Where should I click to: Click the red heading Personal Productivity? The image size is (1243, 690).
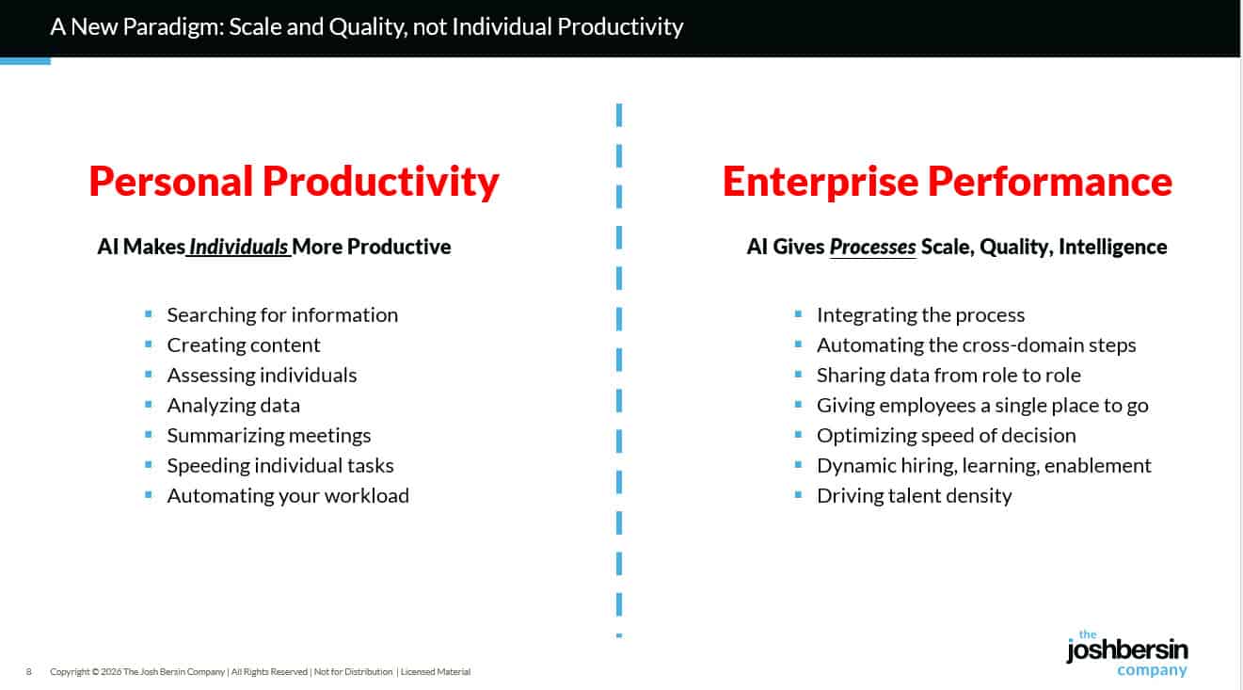(x=294, y=182)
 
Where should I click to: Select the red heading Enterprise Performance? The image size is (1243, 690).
(x=947, y=182)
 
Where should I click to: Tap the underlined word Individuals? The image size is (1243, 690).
(x=239, y=247)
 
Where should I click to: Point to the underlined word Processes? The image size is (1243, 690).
(x=872, y=247)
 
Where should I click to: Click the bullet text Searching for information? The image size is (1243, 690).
(x=282, y=314)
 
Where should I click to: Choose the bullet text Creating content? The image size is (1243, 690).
(x=244, y=345)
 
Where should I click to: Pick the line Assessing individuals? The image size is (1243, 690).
(x=262, y=375)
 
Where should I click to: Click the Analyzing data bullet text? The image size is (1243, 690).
(x=233, y=405)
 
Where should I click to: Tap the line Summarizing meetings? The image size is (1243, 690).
(x=269, y=435)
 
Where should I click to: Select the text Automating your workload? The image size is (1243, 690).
(x=288, y=495)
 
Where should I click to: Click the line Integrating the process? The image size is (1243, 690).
(x=920, y=314)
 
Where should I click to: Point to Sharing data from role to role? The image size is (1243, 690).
(x=948, y=375)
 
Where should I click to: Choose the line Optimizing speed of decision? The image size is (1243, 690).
(x=946, y=435)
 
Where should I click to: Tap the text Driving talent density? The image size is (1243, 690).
(x=914, y=495)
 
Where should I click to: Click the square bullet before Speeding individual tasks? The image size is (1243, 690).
(x=149, y=464)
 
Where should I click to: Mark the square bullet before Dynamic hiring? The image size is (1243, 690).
(x=798, y=464)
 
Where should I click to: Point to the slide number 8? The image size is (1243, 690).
(x=29, y=672)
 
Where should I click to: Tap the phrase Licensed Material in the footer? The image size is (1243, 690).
(x=435, y=672)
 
